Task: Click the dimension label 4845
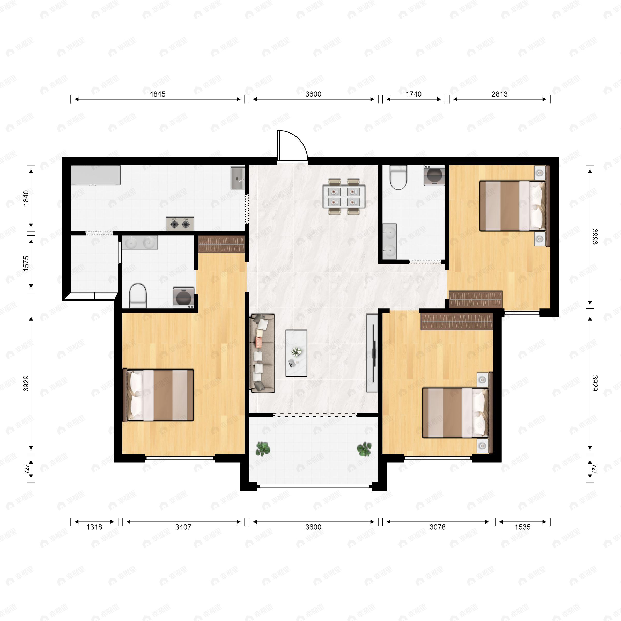(x=158, y=94)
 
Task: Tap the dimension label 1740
(x=413, y=94)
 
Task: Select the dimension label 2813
(x=499, y=94)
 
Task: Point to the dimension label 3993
(x=595, y=237)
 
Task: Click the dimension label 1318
(x=94, y=527)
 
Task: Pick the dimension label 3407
(x=183, y=527)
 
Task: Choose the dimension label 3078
(x=438, y=527)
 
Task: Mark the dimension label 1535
(x=522, y=527)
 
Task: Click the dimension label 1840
(x=26, y=198)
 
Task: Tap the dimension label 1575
(x=26, y=264)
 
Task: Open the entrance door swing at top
(x=292, y=145)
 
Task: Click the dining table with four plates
(x=344, y=196)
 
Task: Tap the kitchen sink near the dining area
(x=238, y=178)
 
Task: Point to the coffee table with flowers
(x=296, y=353)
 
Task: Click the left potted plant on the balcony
(x=263, y=449)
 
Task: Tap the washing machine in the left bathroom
(x=183, y=297)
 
